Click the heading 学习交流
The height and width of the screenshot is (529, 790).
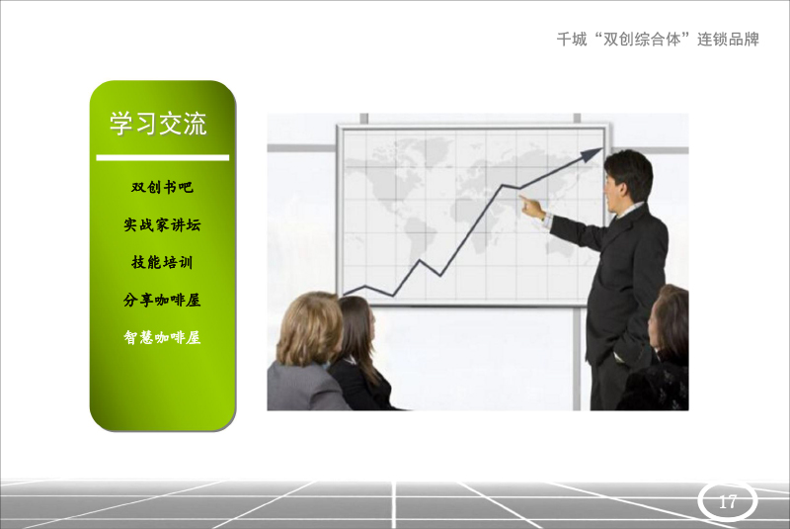[158, 123]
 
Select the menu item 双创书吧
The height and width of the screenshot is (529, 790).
[162, 187]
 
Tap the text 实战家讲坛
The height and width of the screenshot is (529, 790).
[162, 224]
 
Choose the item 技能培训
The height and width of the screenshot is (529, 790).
[162, 262]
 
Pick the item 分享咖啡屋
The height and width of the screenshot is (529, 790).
[162, 300]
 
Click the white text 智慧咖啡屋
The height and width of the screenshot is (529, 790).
[162, 337]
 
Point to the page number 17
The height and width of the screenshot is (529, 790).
[728, 501]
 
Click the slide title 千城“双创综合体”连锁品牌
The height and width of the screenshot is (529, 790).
[658, 39]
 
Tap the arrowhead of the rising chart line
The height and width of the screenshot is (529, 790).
[592, 154]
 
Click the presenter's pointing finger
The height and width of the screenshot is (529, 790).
[525, 201]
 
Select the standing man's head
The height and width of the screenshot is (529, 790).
[628, 178]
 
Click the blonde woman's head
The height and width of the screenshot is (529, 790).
[309, 328]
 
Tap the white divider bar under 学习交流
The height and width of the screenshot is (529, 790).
[163, 157]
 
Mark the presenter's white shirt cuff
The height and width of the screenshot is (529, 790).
[548, 220]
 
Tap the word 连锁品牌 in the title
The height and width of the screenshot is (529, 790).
[728, 39]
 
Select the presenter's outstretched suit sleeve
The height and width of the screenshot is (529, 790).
[580, 232]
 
